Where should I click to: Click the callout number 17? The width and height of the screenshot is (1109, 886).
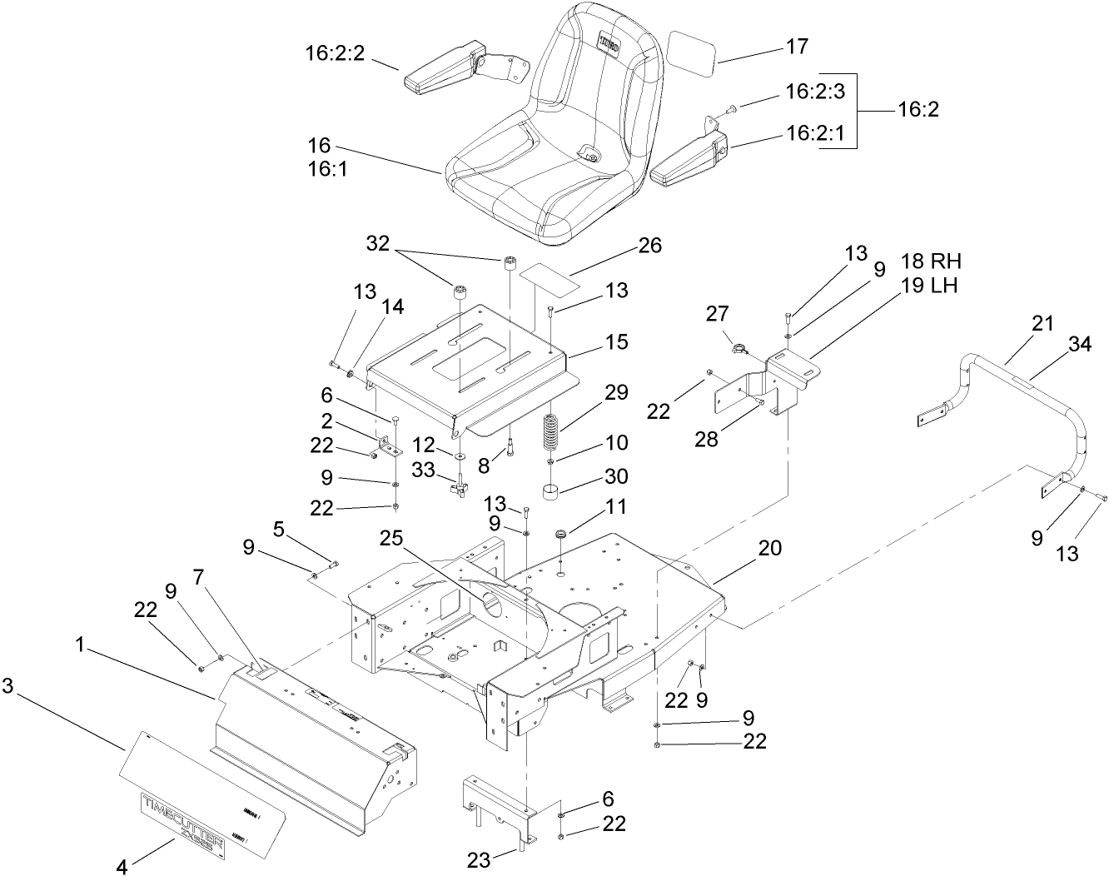click(796, 47)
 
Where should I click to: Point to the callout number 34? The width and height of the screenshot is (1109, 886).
click(1080, 345)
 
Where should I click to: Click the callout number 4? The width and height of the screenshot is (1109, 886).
click(122, 867)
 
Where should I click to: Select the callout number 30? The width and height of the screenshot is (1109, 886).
click(617, 476)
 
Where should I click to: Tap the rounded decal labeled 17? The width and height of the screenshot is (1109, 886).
click(692, 53)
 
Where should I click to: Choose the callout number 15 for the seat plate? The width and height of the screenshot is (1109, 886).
click(617, 342)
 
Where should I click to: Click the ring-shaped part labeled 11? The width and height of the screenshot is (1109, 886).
click(562, 532)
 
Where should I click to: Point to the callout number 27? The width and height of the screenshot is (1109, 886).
click(718, 314)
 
